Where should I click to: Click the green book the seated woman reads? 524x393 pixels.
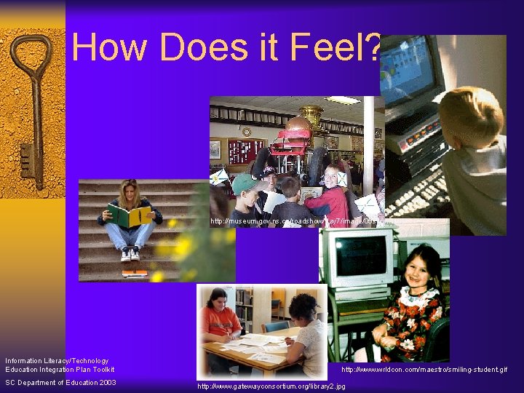tap(129, 215)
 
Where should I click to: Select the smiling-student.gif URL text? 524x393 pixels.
tap(424, 370)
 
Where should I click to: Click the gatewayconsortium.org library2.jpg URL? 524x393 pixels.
tap(271, 386)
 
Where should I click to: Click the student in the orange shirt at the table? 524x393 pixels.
tap(220, 320)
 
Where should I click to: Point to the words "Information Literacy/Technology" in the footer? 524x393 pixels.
tap(57, 360)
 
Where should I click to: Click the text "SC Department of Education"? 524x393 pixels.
tap(48, 383)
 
